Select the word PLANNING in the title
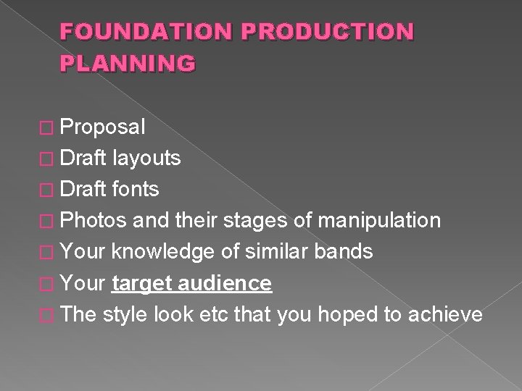128,64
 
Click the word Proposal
103,127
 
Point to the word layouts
147,159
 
